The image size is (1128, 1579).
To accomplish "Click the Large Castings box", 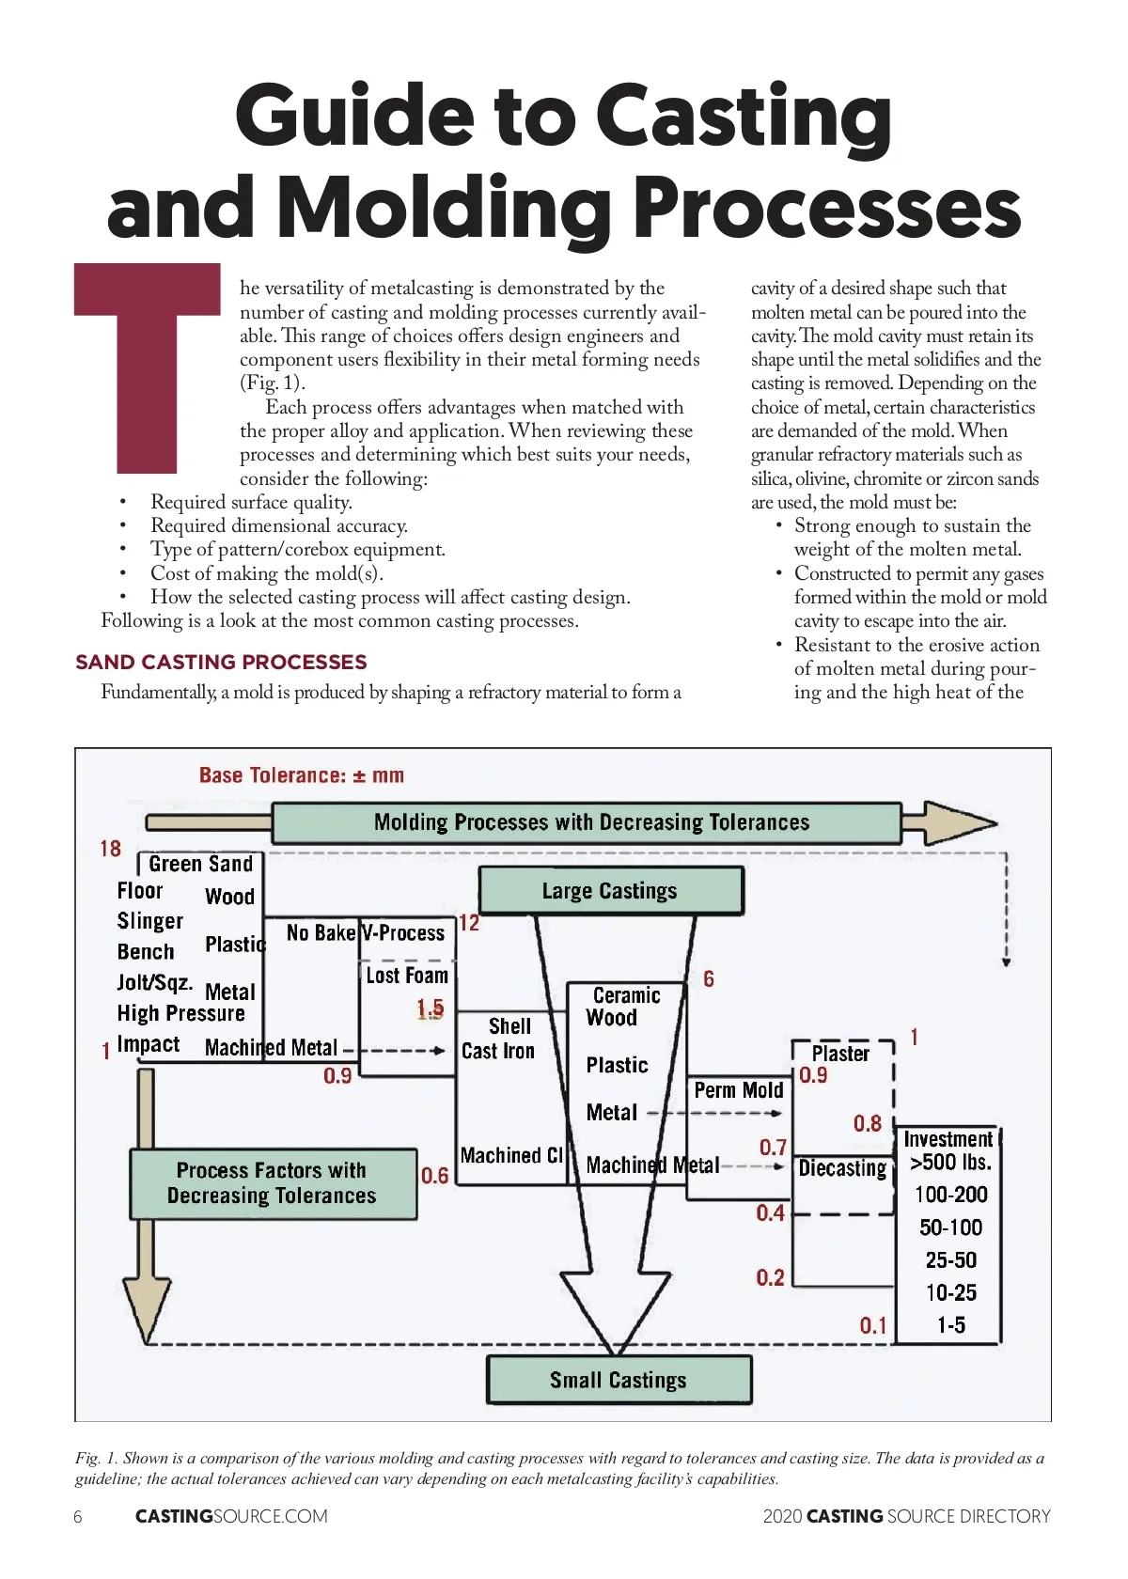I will click(x=610, y=890).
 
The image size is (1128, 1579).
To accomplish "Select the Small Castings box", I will click(x=619, y=1379).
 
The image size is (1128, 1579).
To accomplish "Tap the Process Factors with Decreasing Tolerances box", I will click(x=273, y=1183).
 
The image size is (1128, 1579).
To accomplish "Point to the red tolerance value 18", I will click(x=110, y=849).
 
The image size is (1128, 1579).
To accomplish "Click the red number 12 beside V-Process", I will click(x=469, y=923).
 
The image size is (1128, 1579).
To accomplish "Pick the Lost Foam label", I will click(x=407, y=976).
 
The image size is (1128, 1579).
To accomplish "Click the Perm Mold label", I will click(x=739, y=1090).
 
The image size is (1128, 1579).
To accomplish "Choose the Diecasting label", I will click(x=842, y=1168).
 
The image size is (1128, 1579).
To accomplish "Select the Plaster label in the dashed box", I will click(x=840, y=1054).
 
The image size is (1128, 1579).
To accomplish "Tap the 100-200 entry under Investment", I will click(x=950, y=1195).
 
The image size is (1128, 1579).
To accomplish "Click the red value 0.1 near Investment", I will click(x=873, y=1325).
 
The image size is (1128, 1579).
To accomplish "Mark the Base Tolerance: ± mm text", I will click(x=302, y=775).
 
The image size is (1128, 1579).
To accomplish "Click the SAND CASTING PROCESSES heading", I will click(x=221, y=662).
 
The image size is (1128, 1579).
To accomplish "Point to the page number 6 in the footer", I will click(x=78, y=1516).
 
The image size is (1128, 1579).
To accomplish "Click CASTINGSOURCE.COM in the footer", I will click(x=231, y=1516).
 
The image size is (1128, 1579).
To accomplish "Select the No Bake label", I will click(x=321, y=932).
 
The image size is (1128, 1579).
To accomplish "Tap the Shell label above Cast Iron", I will click(x=509, y=1026).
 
